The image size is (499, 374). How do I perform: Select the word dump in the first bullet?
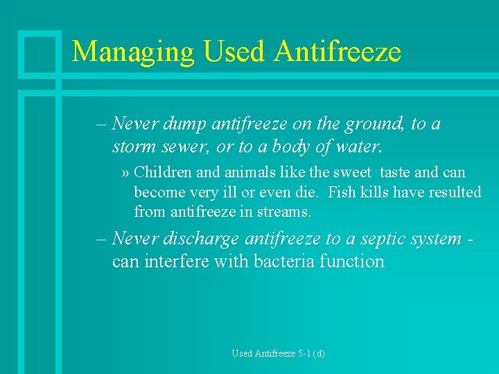(x=181, y=125)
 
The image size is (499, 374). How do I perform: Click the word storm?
(x=133, y=148)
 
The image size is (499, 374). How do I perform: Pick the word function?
(x=353, y=262)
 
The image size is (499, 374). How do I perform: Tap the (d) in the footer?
(x=318, y=354)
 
